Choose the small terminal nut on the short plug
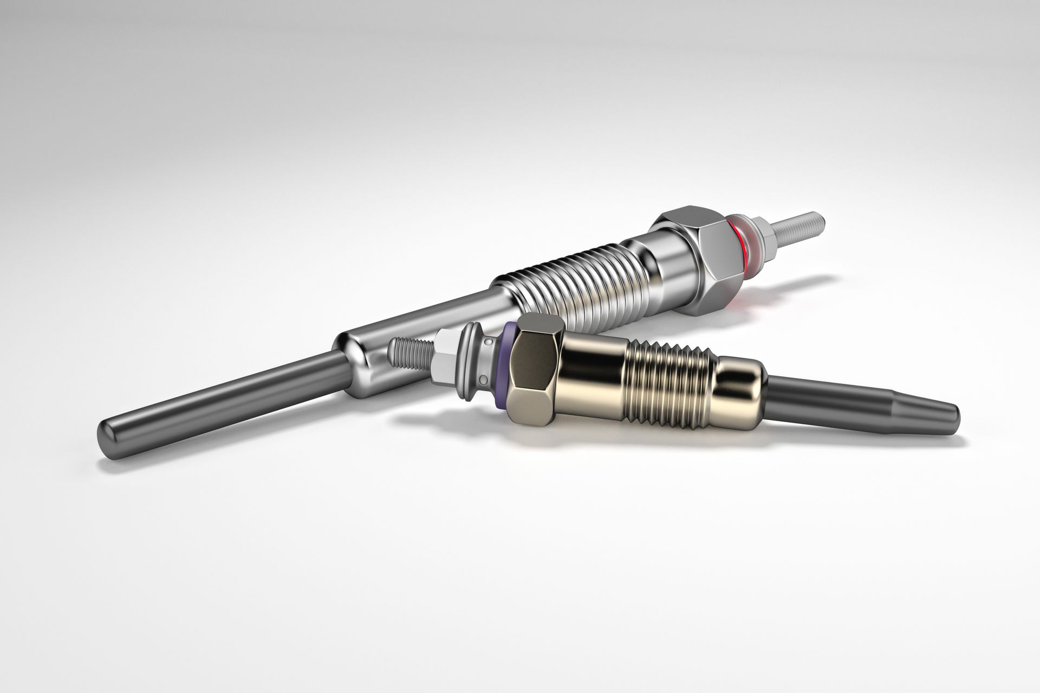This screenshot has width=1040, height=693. (446, 355)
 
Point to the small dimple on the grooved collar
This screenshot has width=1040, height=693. (489, 343)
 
